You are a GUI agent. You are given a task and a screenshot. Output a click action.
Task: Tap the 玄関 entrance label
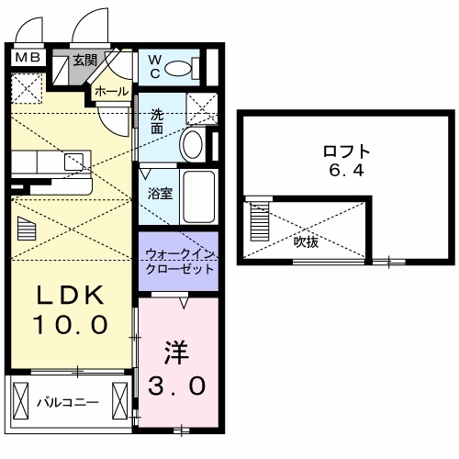[x=85, y=61]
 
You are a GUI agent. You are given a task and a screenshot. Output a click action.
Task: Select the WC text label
[x=155, y=66]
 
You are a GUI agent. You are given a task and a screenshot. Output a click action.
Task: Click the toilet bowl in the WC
[x=186, y=66]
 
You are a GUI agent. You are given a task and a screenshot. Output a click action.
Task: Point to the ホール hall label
[x=111, y=93]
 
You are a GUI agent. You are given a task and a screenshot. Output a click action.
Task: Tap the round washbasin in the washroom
[x=193, y=144]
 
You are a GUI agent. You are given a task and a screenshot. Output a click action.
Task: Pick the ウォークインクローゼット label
[x=179, y=261]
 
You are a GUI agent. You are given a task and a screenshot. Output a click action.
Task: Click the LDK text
[x=73, y=296]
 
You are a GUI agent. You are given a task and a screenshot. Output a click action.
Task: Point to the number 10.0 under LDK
[x=73, y=324]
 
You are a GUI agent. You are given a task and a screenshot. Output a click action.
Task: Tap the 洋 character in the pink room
[x=177, y=353]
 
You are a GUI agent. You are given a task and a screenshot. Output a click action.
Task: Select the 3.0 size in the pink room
[x=178, y=386]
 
